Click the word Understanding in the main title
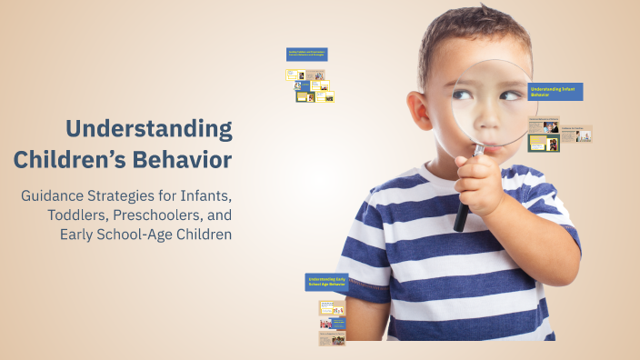tap(150, 129)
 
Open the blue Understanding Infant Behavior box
tap(555, 92)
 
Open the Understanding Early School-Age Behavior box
tap(326, 283)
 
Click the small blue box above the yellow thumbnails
tap(306, 55)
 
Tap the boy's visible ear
tap(421, 110)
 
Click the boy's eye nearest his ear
tap(463, 95)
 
